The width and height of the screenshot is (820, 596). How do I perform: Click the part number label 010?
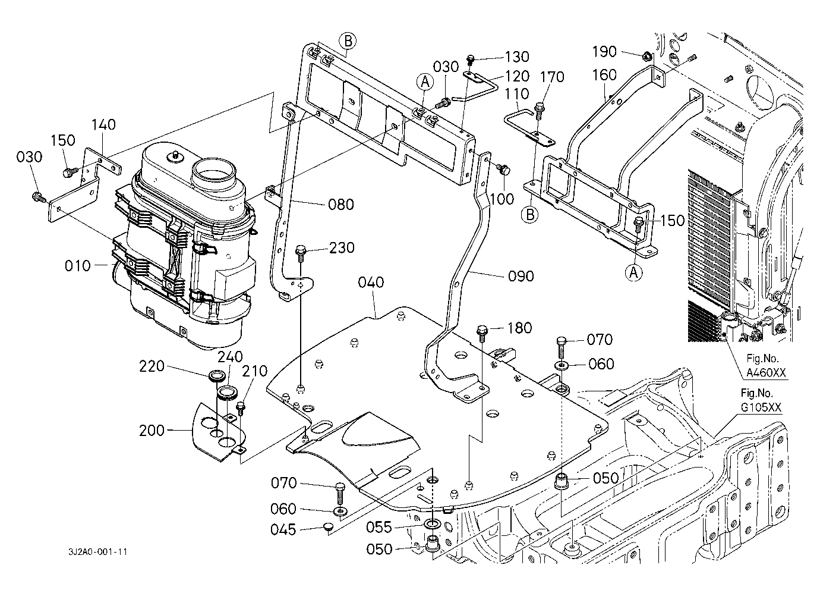pyautogui.click(x=77, y=266)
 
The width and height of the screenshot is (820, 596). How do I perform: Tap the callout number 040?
pyautogui.click(x=371, y=283)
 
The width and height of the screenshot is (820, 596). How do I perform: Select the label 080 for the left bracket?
pyautogui.click(x=341, y=205)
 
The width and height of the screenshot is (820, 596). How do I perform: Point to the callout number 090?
pyautogui.click(x=521, y=276)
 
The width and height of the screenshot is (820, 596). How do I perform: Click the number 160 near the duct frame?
pyautogui.click(x=604, y=75)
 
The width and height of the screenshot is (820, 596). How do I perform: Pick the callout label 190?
pyautogui.click(x=604, y=52)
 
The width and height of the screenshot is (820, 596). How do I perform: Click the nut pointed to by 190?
pyautogui.click(x=647, y=57)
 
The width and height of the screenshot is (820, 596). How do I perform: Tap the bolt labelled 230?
pyautogui.click(x=300, y=252)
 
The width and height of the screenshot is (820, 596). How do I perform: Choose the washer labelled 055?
pyautogui.click(x=433, y=524)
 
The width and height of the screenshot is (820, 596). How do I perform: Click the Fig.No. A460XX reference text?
pyautogui.click(x=766, y=365)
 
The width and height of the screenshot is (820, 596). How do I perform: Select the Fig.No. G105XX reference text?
pyautogui.click(x=761, y=400)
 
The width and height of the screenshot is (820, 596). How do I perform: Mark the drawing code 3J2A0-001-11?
pyautogui.click(x=97, y=552)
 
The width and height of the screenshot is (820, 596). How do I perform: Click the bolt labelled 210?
pyautogui.click(x=241, y=407)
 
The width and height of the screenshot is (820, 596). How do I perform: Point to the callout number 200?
pyautogui.click(x=152, y=431)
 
